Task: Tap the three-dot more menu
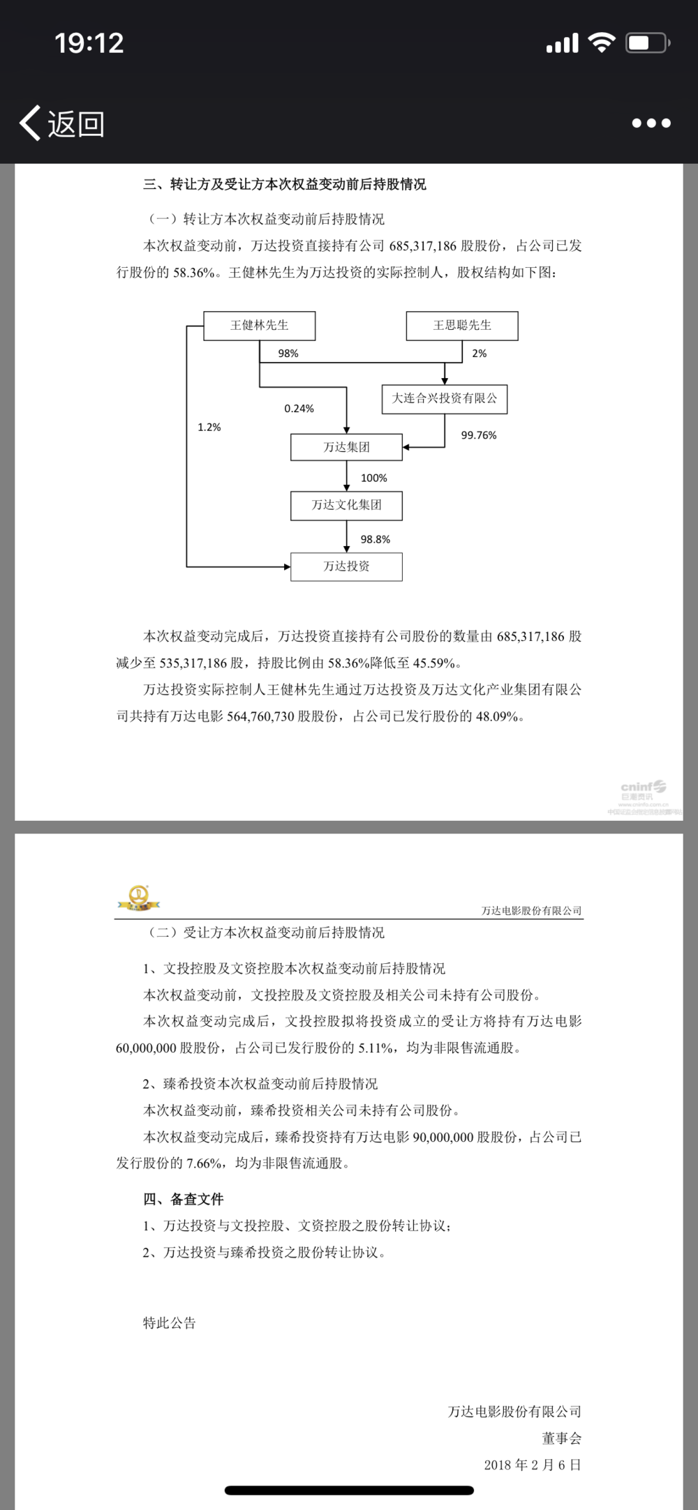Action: pos(651,123)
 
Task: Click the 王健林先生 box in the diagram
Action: pos(259,326)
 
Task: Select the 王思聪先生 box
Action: pos(462,326)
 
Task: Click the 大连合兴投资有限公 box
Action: pos(445,399)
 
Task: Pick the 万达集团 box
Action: pos(346,447)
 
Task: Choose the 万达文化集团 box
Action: pos(346,506)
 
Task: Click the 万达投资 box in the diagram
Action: pos(346,566)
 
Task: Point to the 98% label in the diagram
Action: pos(288,354)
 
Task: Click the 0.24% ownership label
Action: pos(299,409)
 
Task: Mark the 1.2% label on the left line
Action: pos(209,428)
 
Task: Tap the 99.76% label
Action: pos(479,435)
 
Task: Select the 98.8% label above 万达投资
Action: pos(375,539)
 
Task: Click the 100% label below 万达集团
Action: pos(373,478)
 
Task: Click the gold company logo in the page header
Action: pos(138,897)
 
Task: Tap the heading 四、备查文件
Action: pos(183,1199)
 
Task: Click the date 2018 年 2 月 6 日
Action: pos(532,1465)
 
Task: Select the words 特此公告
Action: pos(169,1323)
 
